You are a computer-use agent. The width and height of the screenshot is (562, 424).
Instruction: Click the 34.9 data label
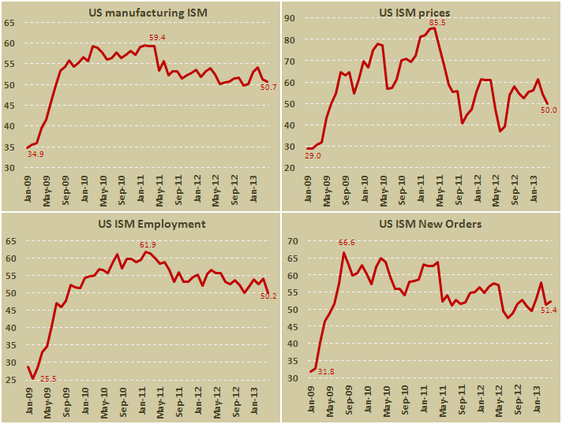tap(36, 154)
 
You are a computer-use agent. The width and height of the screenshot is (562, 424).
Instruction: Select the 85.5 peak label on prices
tap(436, 22)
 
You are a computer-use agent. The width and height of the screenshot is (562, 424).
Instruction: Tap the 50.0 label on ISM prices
tap(548, 110)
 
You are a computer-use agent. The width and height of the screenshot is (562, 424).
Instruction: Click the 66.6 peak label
tap(347, 242)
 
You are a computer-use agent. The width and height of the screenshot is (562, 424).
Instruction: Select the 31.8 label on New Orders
tap(327, 371)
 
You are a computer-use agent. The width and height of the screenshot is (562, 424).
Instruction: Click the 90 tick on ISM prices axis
tap(288, 18)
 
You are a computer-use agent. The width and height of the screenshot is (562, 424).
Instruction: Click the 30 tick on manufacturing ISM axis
tap(10, 168)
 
